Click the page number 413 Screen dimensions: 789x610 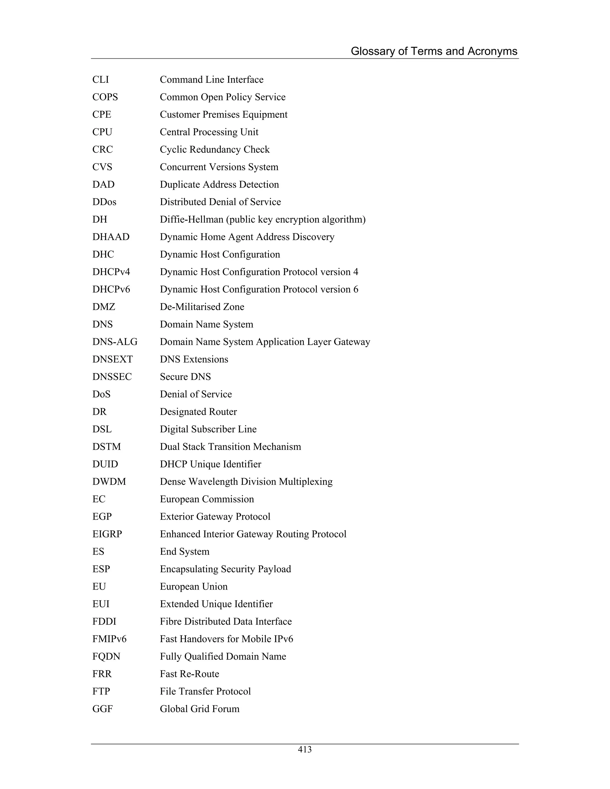pyautogui.click(x=305, y=750)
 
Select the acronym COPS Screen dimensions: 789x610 pyautogui.click(x=105, y=97)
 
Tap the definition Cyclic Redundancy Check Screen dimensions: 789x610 pyautogui.click(x=215, y=149)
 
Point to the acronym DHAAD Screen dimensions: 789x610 pyautogui.click(x=111, y=237)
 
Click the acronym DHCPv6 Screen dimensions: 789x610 pyautogui.click(x=111, y=289)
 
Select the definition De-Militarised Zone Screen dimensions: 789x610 pyautogui.click(x=202, y=307)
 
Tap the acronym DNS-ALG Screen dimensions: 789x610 pyautogui.click(x=115, y=342)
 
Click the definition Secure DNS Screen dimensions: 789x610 pyautogui.click(x=185, y=377)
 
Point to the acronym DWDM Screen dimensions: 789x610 pyautogui.click(x=109, y=481)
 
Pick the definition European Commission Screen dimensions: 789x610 pyautogui.click(x=207, y=499)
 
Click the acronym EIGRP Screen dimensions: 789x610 pyautogui.click(x=107, y=534)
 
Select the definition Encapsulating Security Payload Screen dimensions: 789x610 pyautogui.click(x=225, y=569)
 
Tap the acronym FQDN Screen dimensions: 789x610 pyautogui.click(x=106, y=657)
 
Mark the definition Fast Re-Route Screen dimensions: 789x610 pyautogui.click(x=189, y=674)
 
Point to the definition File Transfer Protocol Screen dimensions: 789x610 pyautogui.click(x=205, y=691)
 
